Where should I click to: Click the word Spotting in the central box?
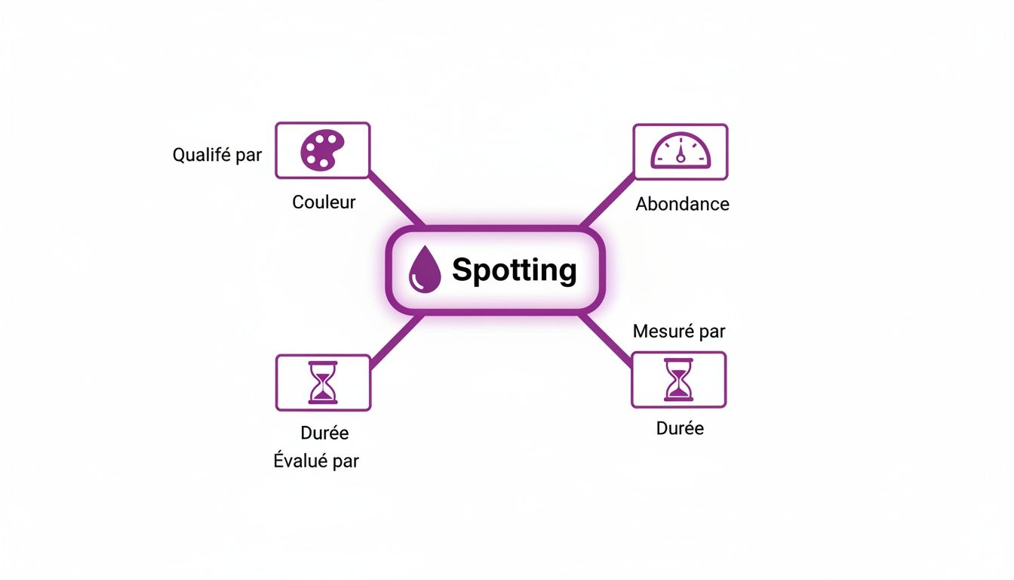click(514, 270)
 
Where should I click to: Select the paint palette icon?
click(322, 150)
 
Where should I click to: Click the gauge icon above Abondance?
click(681, 152)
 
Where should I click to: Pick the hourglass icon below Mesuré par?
click(678, 380)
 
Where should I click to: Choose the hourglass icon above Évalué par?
click(323, 383)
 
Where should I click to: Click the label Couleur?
click(324, 202)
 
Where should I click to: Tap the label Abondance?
click(682, 204)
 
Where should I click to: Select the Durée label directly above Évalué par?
click(324, 433)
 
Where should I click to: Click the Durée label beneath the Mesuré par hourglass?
click(680, 429)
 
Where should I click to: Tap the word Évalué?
click(300, 461)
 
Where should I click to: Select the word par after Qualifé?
click(247, 156)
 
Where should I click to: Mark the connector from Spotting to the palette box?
click(396, 201)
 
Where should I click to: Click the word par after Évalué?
click(346, 461)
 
